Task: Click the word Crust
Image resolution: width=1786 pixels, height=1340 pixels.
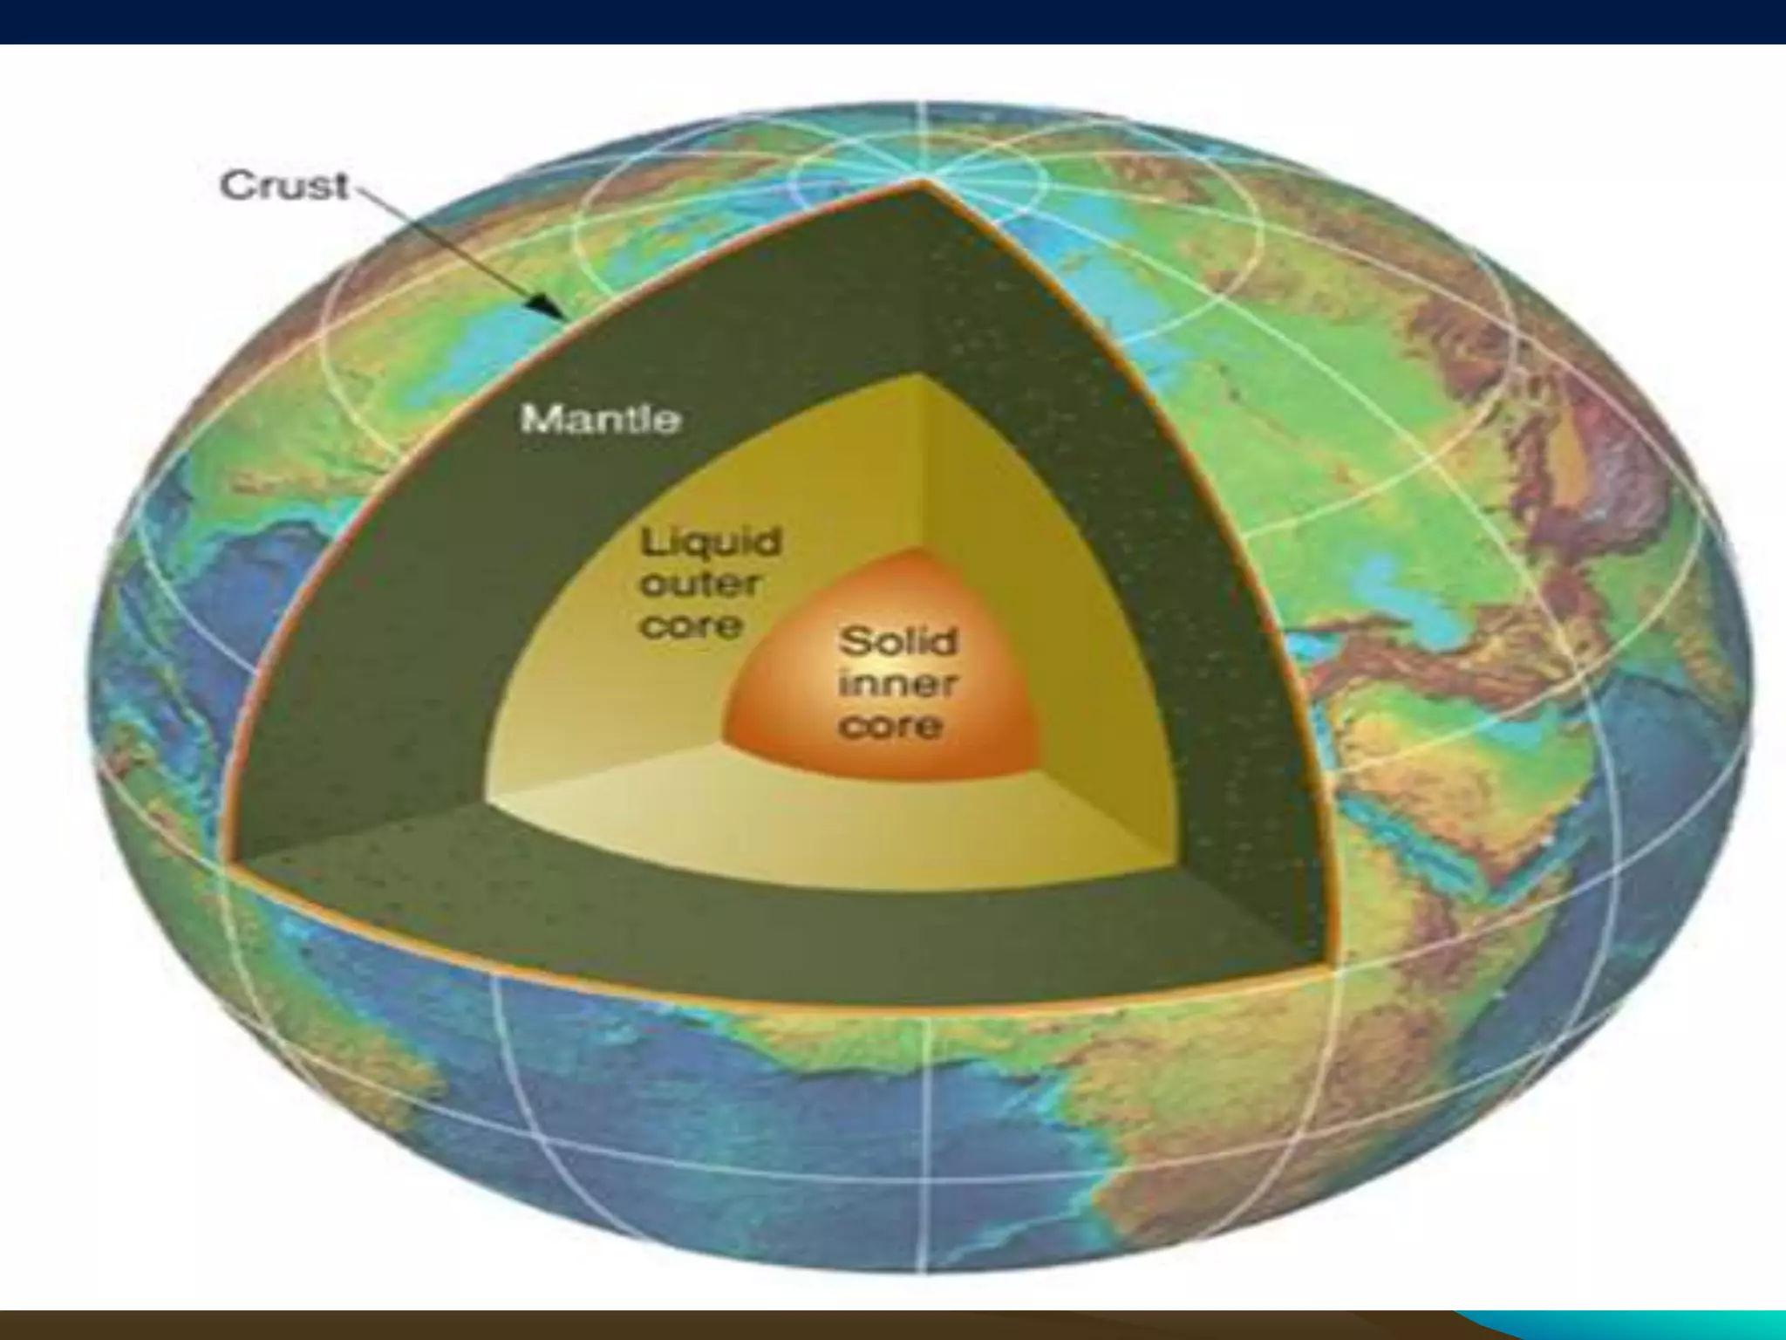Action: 284,187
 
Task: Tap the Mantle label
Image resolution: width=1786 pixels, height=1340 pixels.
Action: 600,420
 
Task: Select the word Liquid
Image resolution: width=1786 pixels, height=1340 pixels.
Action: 711,543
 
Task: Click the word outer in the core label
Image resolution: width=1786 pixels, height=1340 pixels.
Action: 701,584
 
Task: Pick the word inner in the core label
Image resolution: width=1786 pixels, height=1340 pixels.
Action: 896,684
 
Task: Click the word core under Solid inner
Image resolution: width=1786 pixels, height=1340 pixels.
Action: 890,727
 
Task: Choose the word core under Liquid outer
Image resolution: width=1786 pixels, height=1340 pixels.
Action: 692,626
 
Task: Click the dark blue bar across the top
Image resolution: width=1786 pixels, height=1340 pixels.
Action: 893,21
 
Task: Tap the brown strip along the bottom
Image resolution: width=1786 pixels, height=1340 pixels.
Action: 698,1324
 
